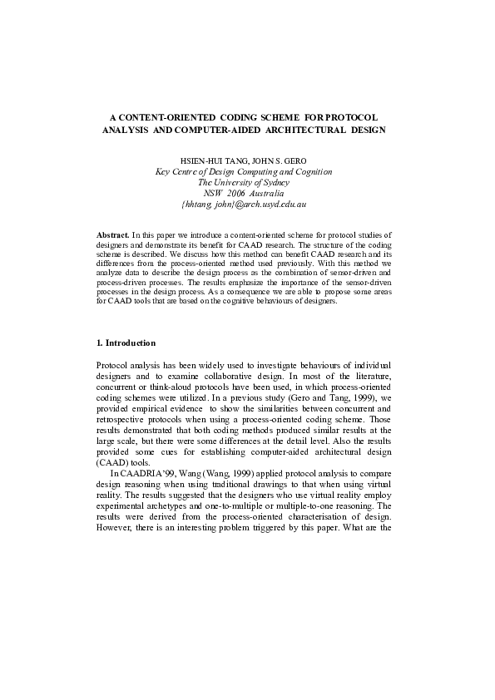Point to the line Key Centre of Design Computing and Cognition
(x=245, y=171)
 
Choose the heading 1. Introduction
(x=126, y=343)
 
